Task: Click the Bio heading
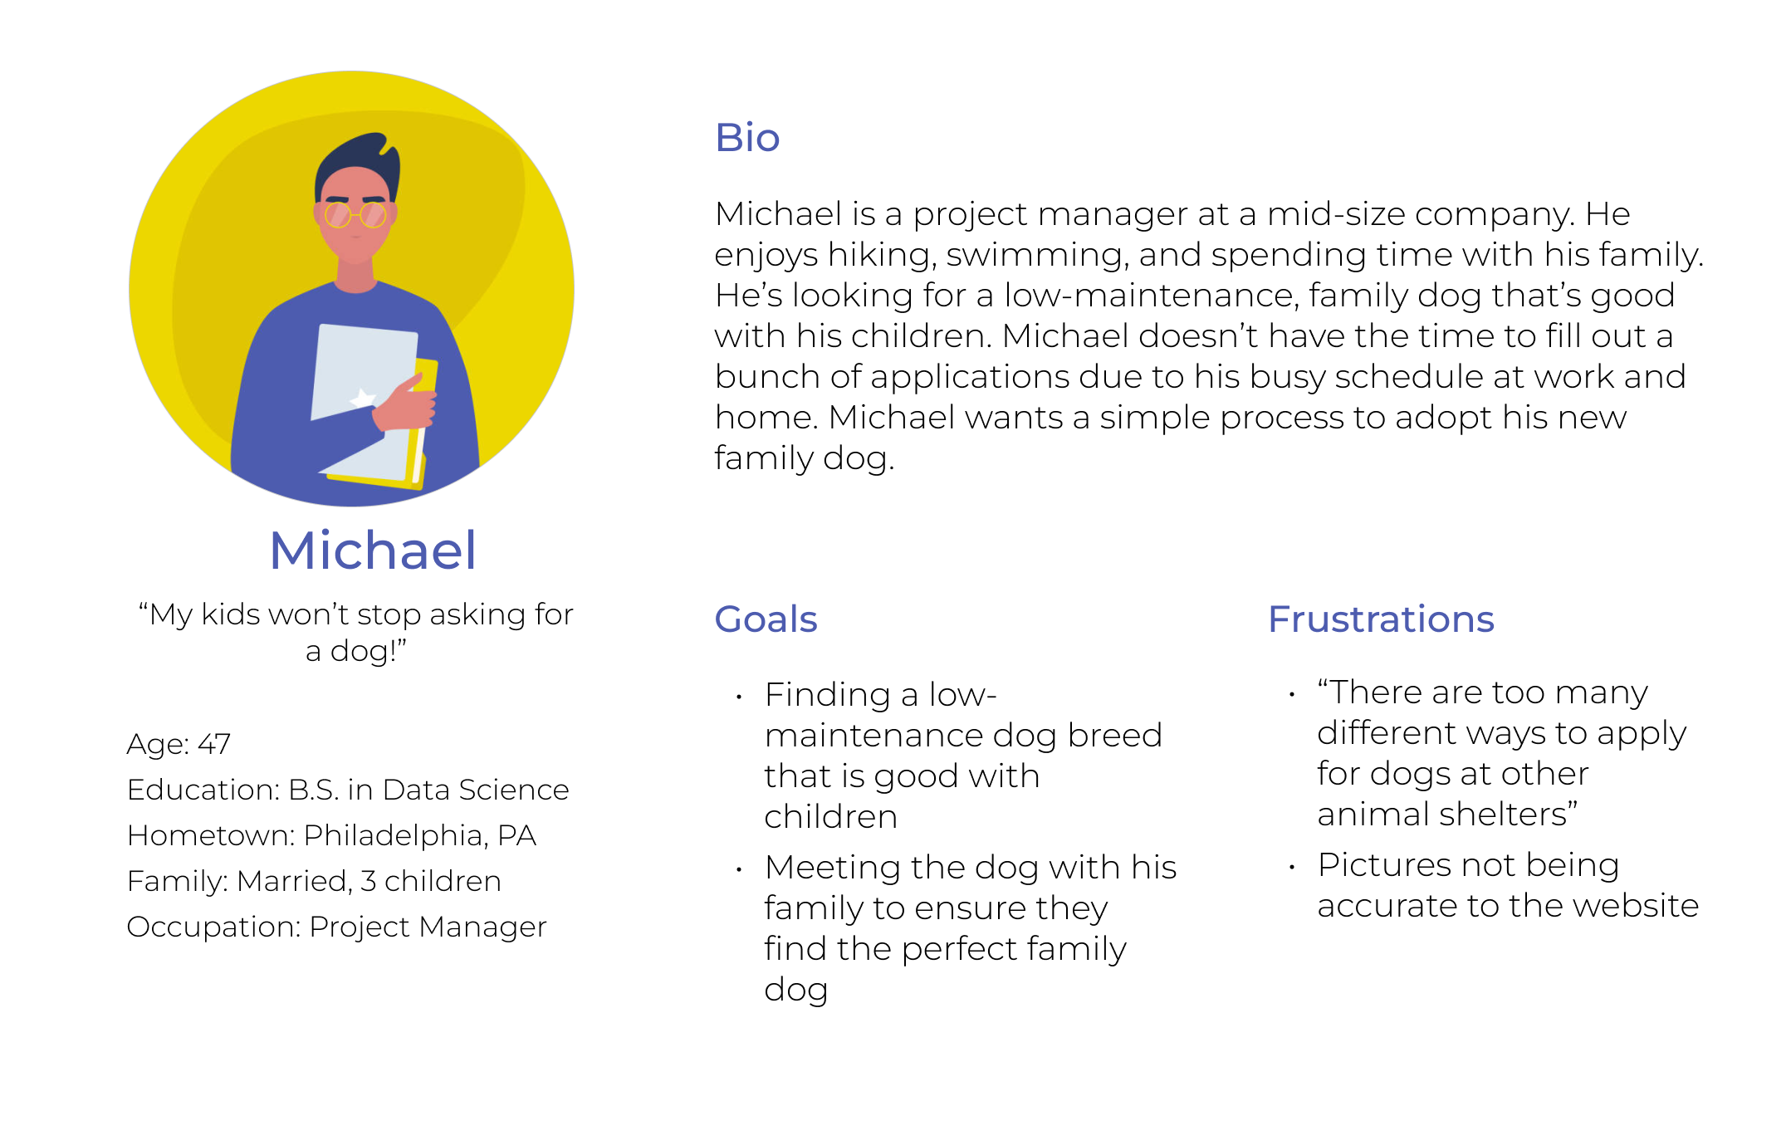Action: point(747,138)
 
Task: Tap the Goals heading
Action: point(766,619)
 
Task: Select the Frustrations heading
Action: point(1381,619)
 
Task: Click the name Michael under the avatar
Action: point(373,550)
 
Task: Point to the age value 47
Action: point(213,744)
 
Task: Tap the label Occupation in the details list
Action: point(212,927)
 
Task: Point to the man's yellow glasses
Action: point(355,216)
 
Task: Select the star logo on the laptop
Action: point(363,399)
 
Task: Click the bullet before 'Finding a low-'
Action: point(738,697)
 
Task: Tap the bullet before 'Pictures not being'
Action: point(1292,867)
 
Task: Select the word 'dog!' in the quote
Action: point(368,652)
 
